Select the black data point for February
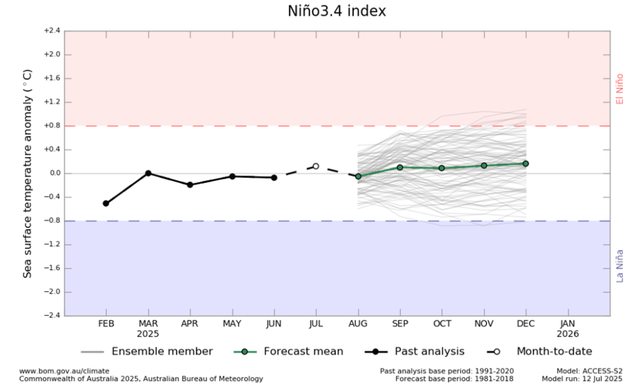[106, 203]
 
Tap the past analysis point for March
[148, 173]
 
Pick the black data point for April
[190, 185]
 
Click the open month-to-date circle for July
[316, 167]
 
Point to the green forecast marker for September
[400, 167]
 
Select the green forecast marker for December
[525, 163]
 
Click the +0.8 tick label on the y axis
[51, 126]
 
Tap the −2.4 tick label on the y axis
[51, 316]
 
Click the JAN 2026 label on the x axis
[567, 329]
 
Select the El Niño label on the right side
[620, 89]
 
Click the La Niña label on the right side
[620, 266]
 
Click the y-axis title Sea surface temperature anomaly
[28, 181]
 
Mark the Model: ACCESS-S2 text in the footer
[587, 371]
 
